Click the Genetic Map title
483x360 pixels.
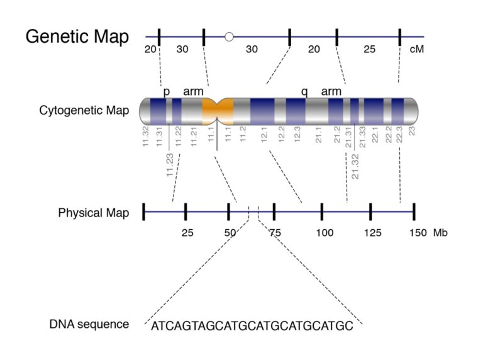pyautogui.click(x=77, y=37)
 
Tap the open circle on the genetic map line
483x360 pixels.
pyautogui.click(x=229, y=37)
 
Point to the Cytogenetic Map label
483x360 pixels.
pyautogui.click(x=84, y=111)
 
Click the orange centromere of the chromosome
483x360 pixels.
pyautogui.click(x=218, y=110)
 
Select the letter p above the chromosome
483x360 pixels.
pyautogui.click(x=167, y=92)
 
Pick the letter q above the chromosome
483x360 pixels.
pyautogui.click(x=304, y=92)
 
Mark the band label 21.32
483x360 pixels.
pyautogui.click(x=355, y=166)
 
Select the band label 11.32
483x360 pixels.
pyautogui.click(x=145, y=137)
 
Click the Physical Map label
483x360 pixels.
pyautogui.click(x=94, y=213)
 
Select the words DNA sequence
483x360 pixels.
pyautogui.click(x=89, y=325)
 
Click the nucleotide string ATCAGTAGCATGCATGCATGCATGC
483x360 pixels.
pyautogui.click(x=252, y=327)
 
